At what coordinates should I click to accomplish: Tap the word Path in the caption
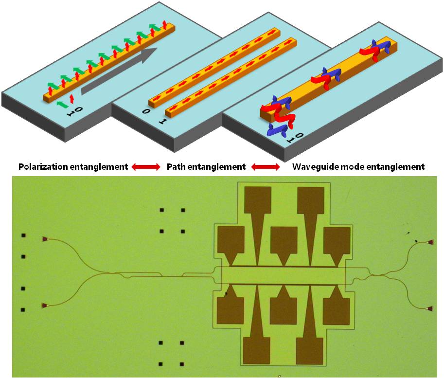click(x=176, y=167)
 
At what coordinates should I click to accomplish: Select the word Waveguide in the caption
click(x=317, y=167)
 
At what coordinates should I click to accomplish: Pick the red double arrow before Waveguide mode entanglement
click(x=266, y=167)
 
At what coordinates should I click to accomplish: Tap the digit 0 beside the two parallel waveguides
click(x=146, y=111)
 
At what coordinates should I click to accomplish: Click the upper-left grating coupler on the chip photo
click(x=45, y=239)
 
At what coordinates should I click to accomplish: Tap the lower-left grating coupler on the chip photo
click(x=45, y=306)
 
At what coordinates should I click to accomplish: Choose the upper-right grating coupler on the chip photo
click(x=430, y=242)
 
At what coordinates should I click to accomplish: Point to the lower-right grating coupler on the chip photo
click(x=430, y=309)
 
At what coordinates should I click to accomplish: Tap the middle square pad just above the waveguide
click(x=284, y=239)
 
